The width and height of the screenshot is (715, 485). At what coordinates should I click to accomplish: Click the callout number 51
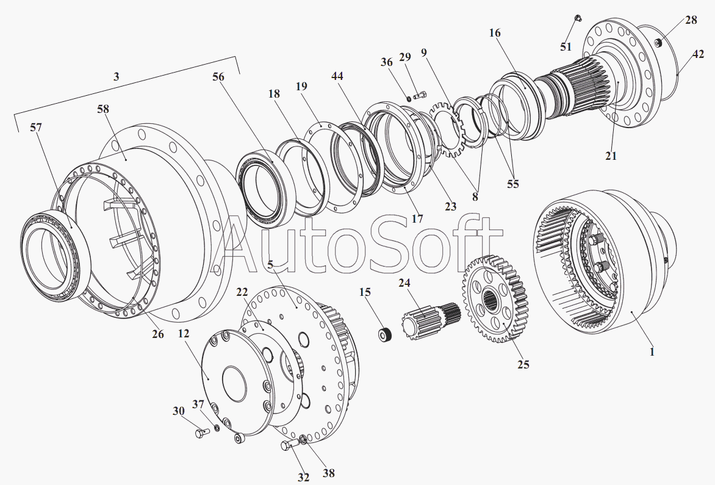566,46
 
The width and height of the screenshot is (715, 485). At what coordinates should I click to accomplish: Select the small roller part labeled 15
386,334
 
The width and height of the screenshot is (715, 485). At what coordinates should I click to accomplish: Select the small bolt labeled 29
420,96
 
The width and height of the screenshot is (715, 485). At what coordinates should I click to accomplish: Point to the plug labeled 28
658,42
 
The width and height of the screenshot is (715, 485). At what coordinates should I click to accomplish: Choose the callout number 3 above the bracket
117,76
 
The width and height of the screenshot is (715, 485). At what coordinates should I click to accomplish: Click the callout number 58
104,109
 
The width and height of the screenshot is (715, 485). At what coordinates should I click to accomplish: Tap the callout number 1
652,351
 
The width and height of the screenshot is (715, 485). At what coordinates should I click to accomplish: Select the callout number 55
513,184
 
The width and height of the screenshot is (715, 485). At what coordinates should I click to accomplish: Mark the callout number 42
698,54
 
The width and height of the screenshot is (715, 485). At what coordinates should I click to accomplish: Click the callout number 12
183,334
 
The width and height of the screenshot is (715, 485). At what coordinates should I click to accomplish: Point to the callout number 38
329,473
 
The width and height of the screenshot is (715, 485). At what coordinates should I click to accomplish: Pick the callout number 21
611,156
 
